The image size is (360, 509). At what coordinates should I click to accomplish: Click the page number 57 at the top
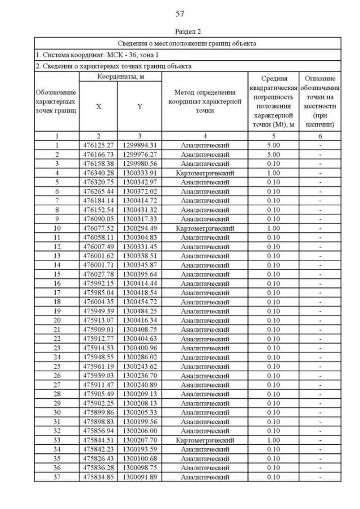click(x=180, y=13)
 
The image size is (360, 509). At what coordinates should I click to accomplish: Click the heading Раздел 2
click(x=187, y=32)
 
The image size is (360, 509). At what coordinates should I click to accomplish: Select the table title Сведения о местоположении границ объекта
click(x=187, y=43)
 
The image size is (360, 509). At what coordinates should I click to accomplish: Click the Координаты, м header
click(x=119, y=76)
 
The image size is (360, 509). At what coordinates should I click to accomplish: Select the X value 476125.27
click(x=98, y=145)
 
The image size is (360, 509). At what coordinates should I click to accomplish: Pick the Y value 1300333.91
click(x=139, y=172)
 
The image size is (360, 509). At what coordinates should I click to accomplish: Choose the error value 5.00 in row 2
click(x=273, y=154)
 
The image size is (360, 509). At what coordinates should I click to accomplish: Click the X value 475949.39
click(x=98, y=311)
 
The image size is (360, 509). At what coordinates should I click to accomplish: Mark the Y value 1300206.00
click(x=139, y=431)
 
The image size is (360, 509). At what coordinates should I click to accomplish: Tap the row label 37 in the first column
click(x=57, y=477)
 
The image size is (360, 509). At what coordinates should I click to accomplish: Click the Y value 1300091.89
click(x=139, y=477)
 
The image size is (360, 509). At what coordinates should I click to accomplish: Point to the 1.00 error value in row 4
click(x=273, y=172)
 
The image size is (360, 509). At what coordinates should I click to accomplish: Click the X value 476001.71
click(x=98, y=265)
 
